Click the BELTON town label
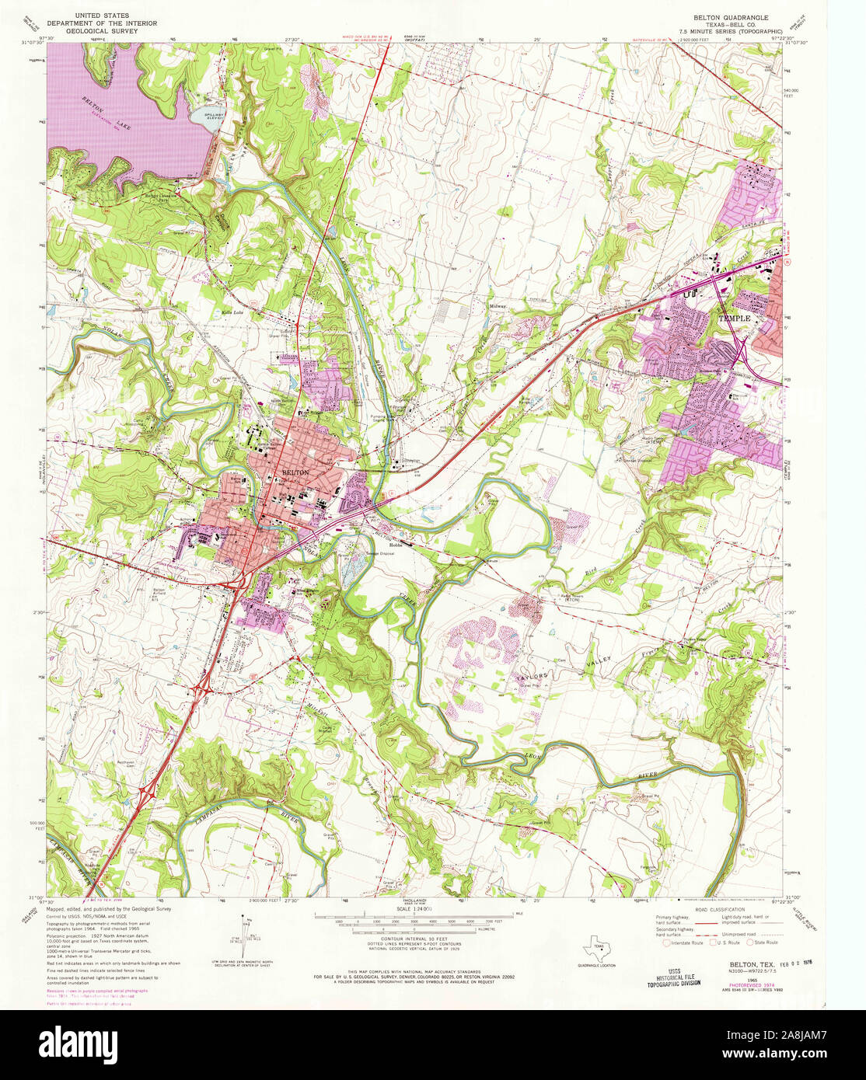[x=295, y=472]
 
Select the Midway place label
[x=498, y=306]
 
